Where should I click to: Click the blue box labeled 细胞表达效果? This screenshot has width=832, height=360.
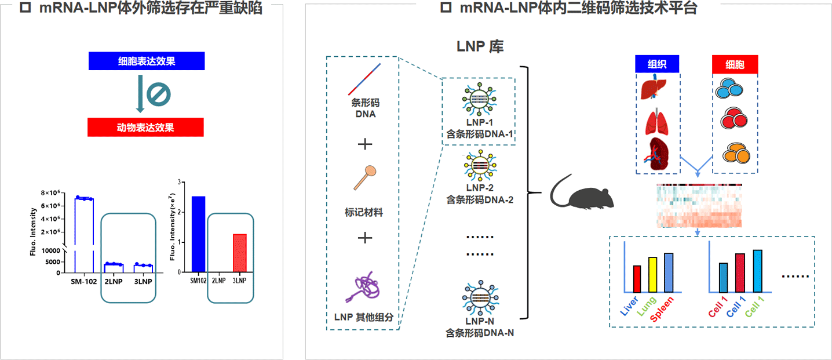[146, 61]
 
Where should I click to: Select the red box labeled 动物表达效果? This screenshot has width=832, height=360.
[145, 127]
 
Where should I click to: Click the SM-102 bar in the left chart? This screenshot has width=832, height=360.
[84, 232]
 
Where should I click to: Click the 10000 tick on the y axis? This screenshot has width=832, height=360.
[50, 250]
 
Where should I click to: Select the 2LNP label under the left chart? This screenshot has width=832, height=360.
[113, 281]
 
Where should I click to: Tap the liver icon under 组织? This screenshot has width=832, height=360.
[657, 90]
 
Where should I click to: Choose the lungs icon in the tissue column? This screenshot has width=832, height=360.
[657, 123]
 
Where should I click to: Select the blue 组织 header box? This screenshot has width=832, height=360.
[657, 64]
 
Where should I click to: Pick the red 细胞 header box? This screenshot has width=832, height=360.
[735, 64]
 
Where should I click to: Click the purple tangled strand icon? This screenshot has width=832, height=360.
[363, 288]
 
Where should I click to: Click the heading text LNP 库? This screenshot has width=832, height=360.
[480, 47]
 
